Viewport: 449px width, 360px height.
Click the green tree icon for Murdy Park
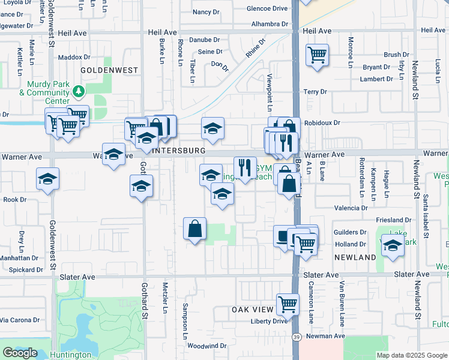(77, 91)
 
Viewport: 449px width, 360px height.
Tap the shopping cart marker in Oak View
(288, 304)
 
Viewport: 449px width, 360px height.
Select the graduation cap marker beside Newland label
(393, 246)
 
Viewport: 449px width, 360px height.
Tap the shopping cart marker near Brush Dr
(317, 55)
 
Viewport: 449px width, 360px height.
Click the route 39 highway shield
(297, 338)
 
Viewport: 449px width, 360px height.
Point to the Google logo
(20, 353)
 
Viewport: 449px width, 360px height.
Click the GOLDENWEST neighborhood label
(115, 70)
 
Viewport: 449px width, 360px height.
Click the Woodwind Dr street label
(206, 346)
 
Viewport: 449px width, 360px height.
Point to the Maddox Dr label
(74, 58)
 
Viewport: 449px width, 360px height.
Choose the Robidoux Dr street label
(322, 123)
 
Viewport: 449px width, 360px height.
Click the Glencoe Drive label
(267, 8)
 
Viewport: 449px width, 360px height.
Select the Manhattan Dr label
(19, 257)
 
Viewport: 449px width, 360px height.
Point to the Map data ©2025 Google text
(411, 355)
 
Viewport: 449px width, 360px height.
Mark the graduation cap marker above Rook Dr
(47, 179)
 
